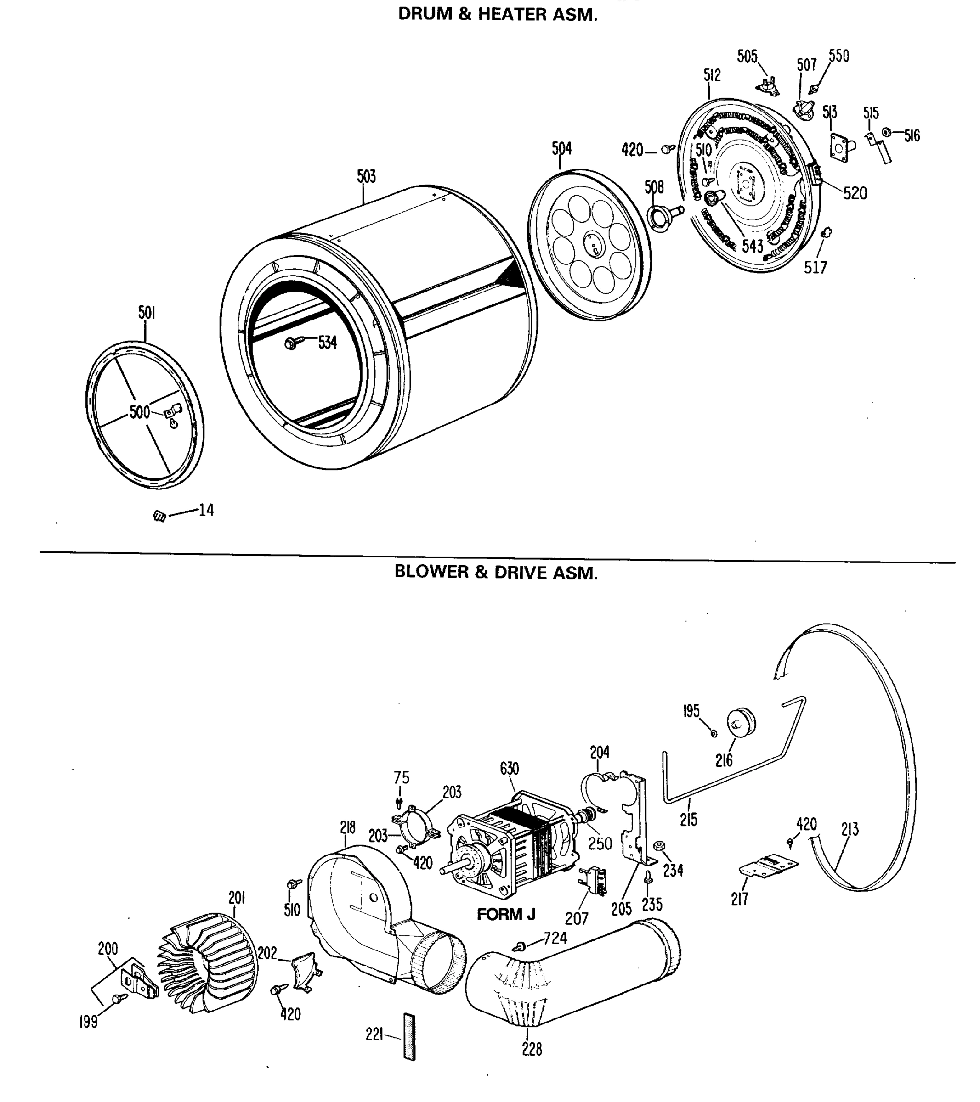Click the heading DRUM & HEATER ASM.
[x=497, y=15]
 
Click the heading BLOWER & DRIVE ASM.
[x=496, y=572]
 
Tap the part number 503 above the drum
[x=366, y=176]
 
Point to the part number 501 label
[x=146, y=313]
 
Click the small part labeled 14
[x=159, y=516]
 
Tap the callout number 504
[x=561, y=148]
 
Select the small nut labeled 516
[x=886, y=132]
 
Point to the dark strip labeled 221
[x=409, y=1036]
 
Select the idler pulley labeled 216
[x=742, y=721]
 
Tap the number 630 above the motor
[x=509, y=768]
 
